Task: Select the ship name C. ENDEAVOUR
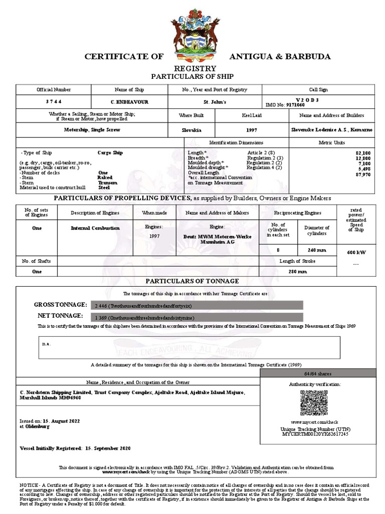point(122,101)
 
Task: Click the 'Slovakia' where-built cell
point(191,130)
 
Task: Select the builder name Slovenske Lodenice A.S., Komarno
point(331,130)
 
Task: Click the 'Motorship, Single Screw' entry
point(92,130)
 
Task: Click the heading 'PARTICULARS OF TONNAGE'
point(192,281)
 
